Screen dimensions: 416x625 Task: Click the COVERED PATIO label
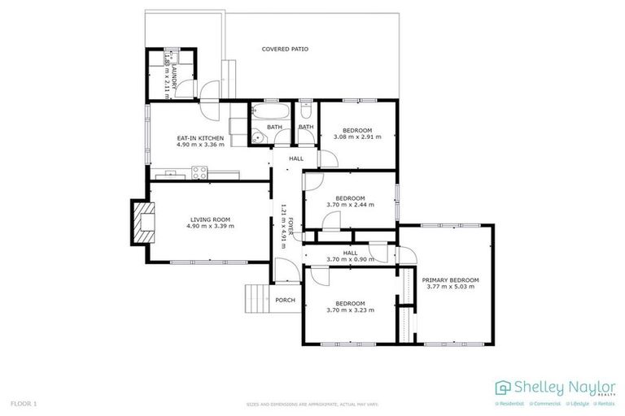coord(285,49)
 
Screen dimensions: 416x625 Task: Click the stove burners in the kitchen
coord(199,171)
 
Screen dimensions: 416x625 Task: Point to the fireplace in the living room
coord(142,221)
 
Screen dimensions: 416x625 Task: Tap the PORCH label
coord(285,300)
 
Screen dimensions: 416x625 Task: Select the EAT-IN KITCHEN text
coord(200,138)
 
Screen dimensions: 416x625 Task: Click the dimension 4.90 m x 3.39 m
coord(212,227)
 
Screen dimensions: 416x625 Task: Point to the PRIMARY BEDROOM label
coord(450,280)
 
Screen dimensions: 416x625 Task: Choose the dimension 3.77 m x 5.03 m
coord(450,288)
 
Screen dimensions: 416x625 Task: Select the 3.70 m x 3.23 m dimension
coord(350,310)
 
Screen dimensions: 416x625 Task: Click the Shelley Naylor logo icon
coord(502,388)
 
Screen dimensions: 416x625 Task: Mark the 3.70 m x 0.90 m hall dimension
coord(350,259)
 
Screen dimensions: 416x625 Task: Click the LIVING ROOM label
coord(212,219)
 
